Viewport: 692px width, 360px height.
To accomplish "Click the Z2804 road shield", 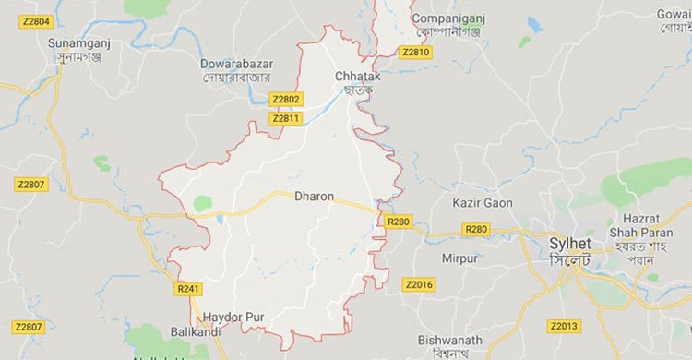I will click(34, 20).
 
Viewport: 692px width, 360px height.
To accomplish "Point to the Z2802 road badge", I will click(286, 99).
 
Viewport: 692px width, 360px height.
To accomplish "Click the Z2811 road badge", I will click(286, 118).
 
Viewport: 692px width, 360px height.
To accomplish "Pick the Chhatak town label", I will click(357, 74).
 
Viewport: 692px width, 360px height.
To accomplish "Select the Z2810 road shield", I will click(416, 53).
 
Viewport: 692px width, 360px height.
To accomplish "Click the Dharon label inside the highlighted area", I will click(314, 196).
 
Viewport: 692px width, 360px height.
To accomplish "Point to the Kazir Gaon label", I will click(483, 201).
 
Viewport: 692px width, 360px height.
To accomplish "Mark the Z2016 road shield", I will click(419, 283).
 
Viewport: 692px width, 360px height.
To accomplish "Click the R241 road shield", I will click(187, 288).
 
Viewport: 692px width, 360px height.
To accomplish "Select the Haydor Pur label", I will click(234, 317).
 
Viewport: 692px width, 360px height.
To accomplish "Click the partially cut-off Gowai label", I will click(674, 15).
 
